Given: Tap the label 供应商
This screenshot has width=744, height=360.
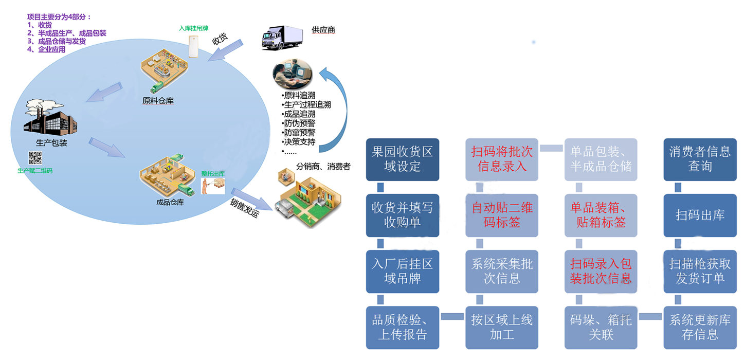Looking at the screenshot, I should [323, 30].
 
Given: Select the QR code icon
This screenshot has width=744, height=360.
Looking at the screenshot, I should [35, 158].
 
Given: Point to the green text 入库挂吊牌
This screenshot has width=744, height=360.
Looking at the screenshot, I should [193, 28].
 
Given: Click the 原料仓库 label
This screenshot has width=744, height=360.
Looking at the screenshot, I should [158, 101].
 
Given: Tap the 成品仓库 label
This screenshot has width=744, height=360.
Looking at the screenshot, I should [170, 202].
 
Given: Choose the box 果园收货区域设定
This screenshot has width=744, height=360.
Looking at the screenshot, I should [403, 159].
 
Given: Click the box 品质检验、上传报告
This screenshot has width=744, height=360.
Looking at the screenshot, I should [403, 328].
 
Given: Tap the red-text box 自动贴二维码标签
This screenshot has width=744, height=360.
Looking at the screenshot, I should [502, 215].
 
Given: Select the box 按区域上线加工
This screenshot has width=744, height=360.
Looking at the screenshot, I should [502, 328].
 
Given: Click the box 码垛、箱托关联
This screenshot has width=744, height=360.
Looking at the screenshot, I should [601, 328].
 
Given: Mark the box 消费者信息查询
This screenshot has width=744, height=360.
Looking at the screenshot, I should [700, 159].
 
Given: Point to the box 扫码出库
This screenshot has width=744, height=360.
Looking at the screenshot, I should [700, 215].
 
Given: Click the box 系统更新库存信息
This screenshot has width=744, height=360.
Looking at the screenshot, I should [700, 328].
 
